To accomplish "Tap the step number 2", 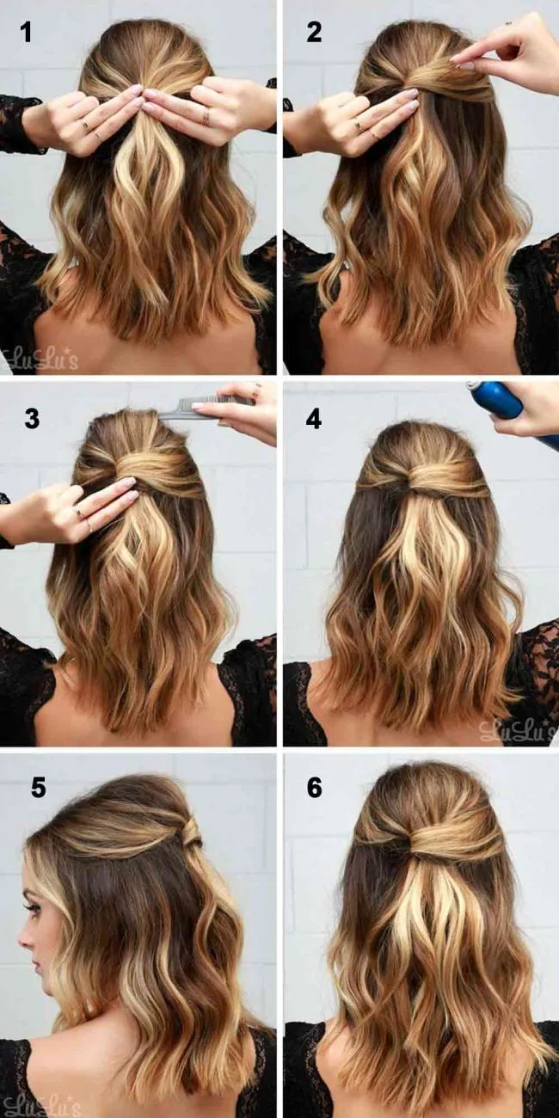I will point(314,34).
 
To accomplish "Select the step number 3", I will point(32,419).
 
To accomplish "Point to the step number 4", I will point(314,419).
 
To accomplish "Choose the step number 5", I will point(38,787).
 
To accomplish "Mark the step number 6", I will point(314,787).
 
